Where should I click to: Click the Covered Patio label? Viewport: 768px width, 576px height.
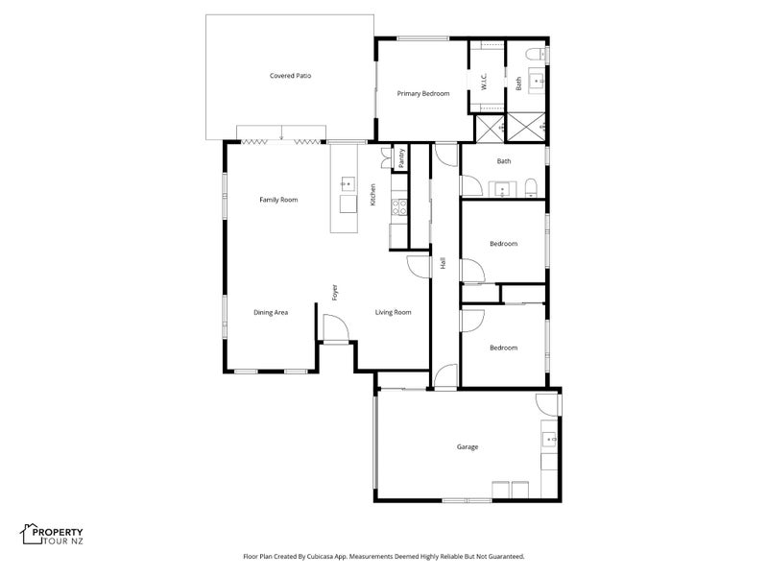pyautogui.click(x=291, y=76)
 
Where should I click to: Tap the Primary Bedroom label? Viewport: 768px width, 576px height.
pyautogui.click(x=423, y=93)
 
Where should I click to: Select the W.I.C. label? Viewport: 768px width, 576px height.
pyautogui.click(x=484, y=82)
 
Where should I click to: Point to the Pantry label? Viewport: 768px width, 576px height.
pyautogui.click(x=401, y=158)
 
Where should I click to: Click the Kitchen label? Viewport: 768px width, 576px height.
pyautogui.click(x=372, y=195)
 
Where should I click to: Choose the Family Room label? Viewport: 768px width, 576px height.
pyautogui.click(x=278, y=200)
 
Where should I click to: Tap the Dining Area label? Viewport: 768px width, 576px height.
pyautogui.click(x=271, y=313)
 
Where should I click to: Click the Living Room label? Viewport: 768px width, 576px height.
pyautogui.click(x=394, y=313)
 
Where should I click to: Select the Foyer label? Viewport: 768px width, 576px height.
pyautogui.click(x=335, y=293)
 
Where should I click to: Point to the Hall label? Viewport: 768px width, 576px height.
pyautogui.click(x=444, y=263)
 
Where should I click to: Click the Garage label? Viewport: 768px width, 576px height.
pyautogui.click(x=468, y=446)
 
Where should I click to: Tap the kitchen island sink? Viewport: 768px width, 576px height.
pyautogui.click(x=348, y=184)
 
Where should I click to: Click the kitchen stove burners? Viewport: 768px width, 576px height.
pyautogui.click(x=399, y=207)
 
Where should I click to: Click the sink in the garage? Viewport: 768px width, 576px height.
pyautogui.click(x=549, y=440)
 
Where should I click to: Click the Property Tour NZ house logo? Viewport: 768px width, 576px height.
pyautogui.click(x=32, y=534)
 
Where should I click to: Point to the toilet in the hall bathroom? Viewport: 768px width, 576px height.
pyautogui.click(x=532, y=187)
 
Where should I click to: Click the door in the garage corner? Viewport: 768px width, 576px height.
pyautogui.click(x=547, y=403)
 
